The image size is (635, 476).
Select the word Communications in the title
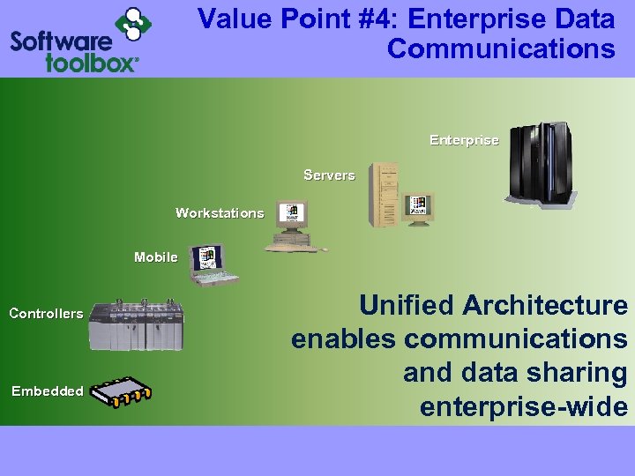(501, 48)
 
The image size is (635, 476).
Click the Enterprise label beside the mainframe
(464, 140)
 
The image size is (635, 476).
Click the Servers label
(329, 175)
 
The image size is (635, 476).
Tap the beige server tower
(385, 195)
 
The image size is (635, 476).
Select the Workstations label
(220, 213)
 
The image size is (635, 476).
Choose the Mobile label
(156, 257)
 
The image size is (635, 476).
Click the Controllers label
(46, 314)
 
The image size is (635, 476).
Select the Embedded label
(48, 391)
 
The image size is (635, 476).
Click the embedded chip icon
(123, 392)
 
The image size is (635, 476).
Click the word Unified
(407, 306)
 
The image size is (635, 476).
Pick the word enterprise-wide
(524, 407)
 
